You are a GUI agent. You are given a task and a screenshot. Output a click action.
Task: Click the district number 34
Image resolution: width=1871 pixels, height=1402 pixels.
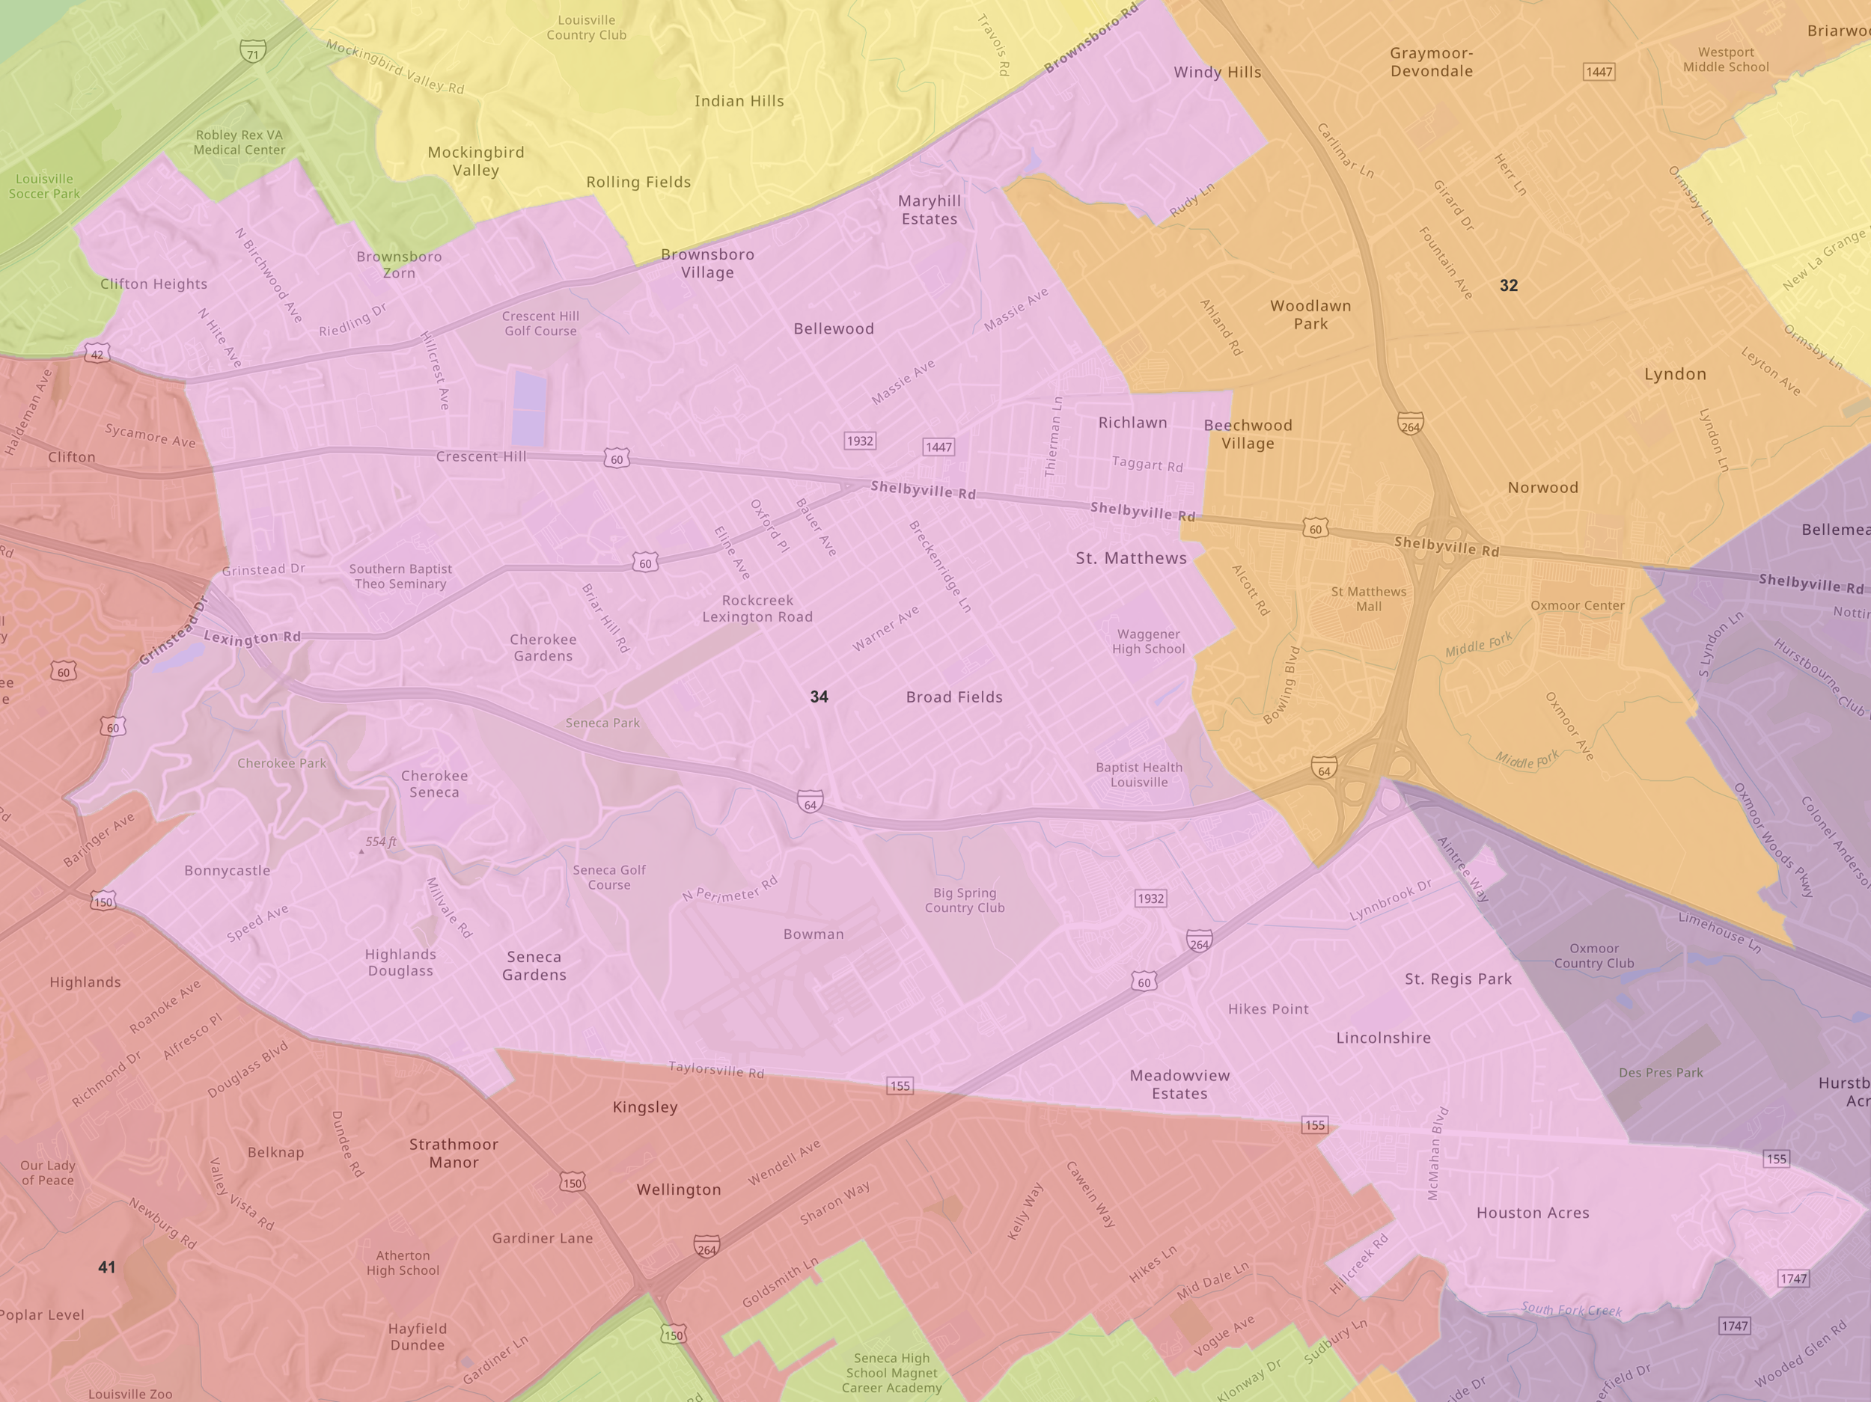(819, 697)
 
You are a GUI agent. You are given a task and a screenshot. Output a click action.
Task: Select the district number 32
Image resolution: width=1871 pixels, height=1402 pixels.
(1508, 286)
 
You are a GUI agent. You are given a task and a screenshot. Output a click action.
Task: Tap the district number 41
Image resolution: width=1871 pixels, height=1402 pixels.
(106, 1267)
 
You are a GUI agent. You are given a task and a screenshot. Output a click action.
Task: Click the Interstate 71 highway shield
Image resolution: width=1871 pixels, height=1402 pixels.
(252, 52)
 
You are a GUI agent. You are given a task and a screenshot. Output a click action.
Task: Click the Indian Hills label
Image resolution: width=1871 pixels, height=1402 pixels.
(739, 102)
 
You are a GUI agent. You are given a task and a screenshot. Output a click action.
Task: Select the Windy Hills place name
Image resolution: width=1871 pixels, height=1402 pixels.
(1217, 73)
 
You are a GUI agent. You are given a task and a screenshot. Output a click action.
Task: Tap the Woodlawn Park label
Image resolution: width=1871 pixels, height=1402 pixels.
(1310, 314)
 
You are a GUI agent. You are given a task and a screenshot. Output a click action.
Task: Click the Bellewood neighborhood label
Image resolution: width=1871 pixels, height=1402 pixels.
(833, 329)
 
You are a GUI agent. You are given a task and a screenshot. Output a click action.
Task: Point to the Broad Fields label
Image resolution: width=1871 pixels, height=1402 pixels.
(954, 697)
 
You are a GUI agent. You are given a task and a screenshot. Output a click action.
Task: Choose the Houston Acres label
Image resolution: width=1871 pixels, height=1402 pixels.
(1533, 1213)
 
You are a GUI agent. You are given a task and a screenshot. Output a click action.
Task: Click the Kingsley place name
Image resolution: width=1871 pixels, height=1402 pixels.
(644, 1107)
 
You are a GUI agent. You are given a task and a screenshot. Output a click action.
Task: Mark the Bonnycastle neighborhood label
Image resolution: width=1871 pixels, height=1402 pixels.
(228, 870)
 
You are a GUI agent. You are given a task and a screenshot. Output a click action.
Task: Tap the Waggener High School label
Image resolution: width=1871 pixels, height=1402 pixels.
(1148, 641)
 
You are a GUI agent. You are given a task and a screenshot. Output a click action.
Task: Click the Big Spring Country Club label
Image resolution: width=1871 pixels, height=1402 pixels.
(964, 900)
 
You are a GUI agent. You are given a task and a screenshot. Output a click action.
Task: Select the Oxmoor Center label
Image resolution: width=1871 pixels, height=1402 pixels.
(1577, 605)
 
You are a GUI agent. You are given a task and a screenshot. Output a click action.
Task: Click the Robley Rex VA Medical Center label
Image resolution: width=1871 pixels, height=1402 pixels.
(239, 142)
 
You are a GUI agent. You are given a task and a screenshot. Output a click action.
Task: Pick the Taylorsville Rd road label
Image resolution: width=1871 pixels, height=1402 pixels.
(715, 1070)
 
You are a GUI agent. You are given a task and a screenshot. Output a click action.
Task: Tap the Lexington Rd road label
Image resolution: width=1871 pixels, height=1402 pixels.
(252, 637)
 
